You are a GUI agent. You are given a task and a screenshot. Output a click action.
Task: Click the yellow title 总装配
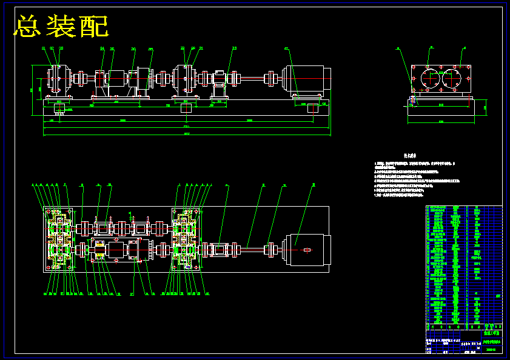(x=61, y=26)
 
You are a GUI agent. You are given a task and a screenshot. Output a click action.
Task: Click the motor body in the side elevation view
(x=308, y=79)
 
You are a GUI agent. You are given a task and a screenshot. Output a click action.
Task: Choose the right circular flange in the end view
(x=456, y=79)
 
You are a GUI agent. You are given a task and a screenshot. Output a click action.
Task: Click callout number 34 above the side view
(x=102, y=48)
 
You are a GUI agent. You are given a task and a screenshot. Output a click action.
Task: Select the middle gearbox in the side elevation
(x=186, y=79)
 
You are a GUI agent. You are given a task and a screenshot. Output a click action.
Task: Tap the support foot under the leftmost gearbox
(x=59, y=108)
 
